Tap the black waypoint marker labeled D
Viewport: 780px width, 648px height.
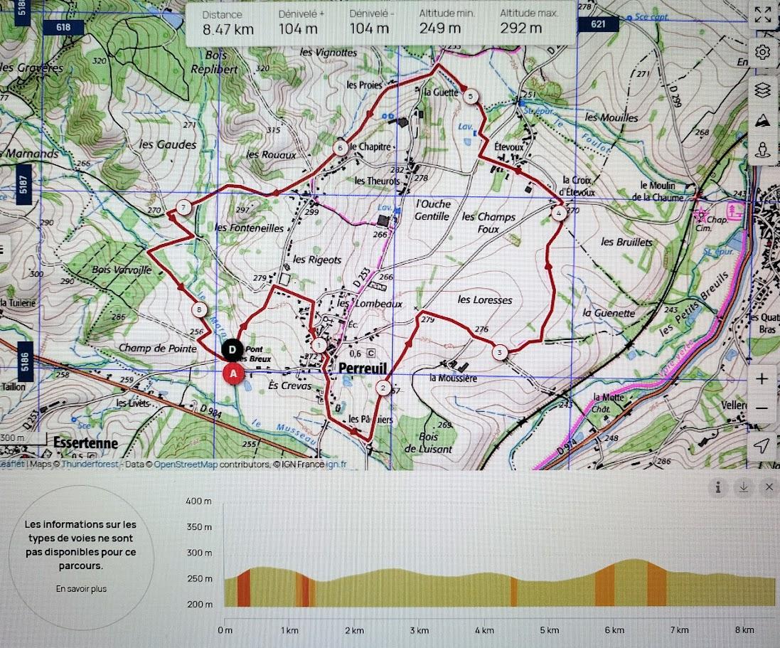[232, 349]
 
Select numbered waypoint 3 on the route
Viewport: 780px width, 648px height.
[500, 352]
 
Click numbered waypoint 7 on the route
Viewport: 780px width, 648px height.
[184, 208]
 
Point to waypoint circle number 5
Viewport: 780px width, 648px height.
[470, 96]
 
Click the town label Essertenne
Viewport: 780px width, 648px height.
[85, 442]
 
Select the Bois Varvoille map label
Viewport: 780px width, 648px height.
[122, 270]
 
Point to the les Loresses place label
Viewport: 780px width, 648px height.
[485, 300]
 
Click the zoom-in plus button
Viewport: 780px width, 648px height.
[762, 378]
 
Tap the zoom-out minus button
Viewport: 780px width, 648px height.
[762, 408]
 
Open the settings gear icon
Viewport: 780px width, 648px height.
[762, 52]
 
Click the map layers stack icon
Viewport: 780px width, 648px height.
[762, 90]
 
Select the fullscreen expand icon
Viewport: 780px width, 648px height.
[762, 15]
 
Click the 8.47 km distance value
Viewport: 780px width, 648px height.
[228, 28]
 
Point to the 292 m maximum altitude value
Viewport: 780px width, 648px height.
[520, 28]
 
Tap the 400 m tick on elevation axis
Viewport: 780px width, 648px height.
[199, 501]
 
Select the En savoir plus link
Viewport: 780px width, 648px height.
[81, 589]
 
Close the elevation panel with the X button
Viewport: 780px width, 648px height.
[769, 487]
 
